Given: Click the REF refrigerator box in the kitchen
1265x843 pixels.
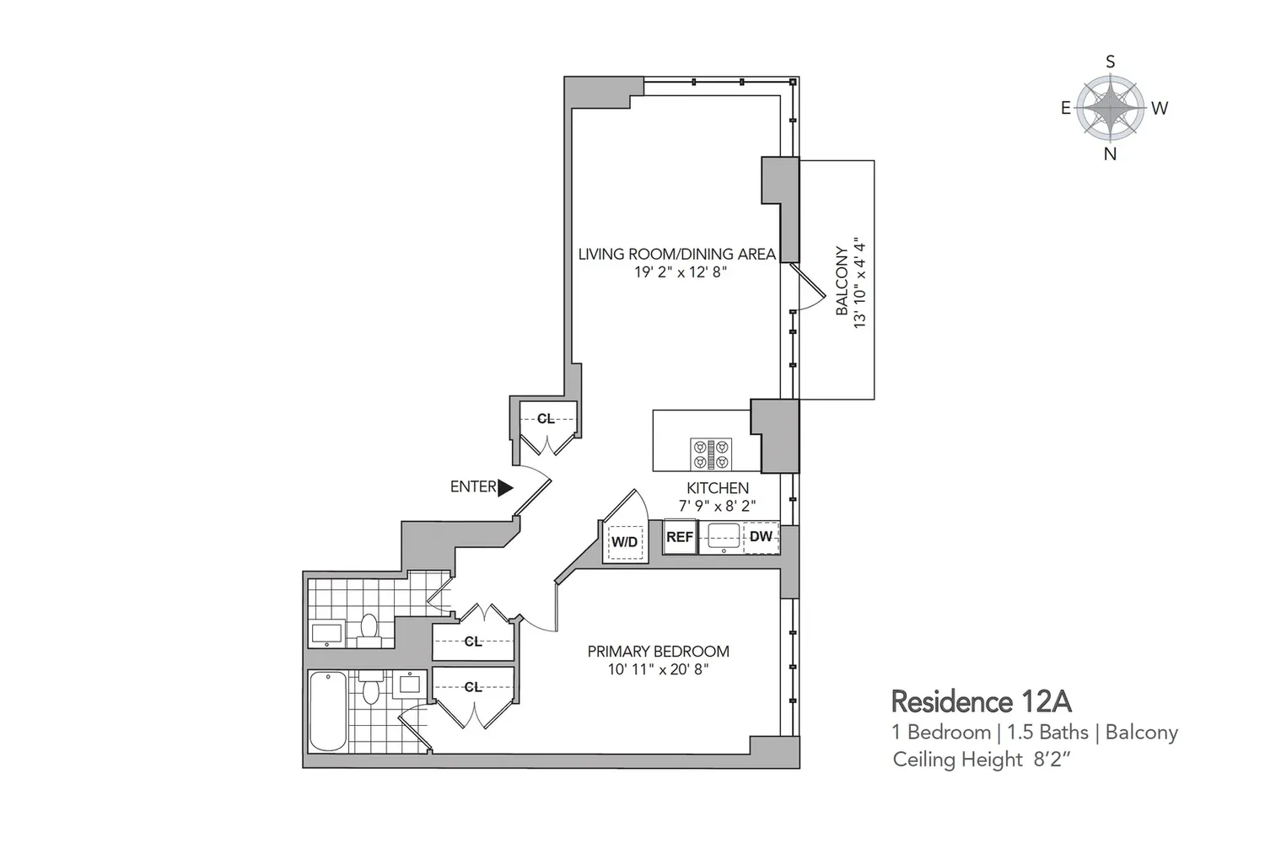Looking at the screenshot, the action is (680, 536).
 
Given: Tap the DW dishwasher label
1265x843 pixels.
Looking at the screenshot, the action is (761, 536).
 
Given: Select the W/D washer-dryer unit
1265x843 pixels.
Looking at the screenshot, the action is (625, 541).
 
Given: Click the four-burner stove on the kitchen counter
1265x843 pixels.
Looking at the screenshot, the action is (711, 454).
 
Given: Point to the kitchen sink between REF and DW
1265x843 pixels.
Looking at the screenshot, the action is (724, 537).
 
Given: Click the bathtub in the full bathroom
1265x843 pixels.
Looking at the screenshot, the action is (328, 711).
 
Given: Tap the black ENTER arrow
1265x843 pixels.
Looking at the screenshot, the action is (505, 488).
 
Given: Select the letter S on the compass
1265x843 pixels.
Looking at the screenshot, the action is (1111, 62).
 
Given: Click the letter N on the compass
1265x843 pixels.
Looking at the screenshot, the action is (1111, 153).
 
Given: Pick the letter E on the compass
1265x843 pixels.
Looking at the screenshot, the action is (1066, 108).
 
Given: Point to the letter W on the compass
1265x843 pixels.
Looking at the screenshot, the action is (1160, 108).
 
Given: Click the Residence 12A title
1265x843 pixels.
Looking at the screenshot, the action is (982, 702).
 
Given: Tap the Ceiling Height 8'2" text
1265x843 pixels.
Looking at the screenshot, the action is (982, 760).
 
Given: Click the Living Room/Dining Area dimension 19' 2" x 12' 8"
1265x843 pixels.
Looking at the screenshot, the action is (680, 272).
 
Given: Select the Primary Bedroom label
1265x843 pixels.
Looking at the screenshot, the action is (659, 651).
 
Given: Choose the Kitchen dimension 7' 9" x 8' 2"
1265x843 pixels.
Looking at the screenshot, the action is (717, 505).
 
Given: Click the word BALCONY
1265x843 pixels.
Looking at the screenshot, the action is (842, 281).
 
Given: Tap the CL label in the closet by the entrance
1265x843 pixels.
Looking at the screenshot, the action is (546, 418).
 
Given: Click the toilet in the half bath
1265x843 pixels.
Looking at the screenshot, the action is (369, 631).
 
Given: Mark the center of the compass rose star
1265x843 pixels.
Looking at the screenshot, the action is (1111, 108).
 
